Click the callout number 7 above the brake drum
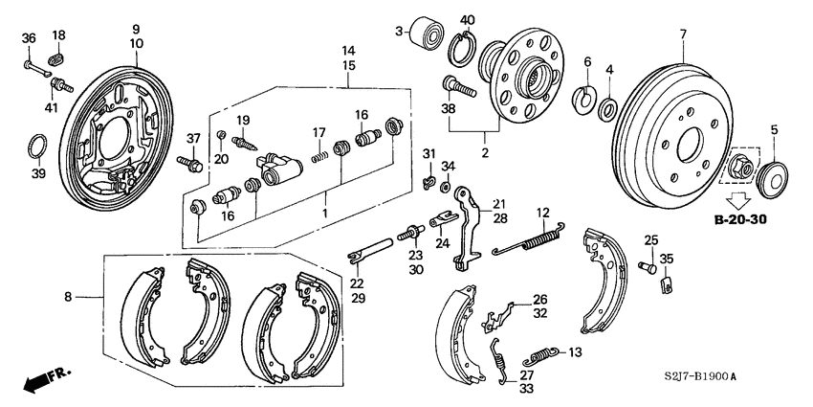pyautogui.click(x=683, y=35)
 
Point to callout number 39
pyautogui.click(x=38, y=173)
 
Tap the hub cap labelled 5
pyautogui.click(x=772, y=176)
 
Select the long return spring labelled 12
pyautogui.click(x=529, y=239)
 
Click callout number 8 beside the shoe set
pyautogui.click(x=68, y=298)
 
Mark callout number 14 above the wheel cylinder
pyautogui.click(x=349, y=50)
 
